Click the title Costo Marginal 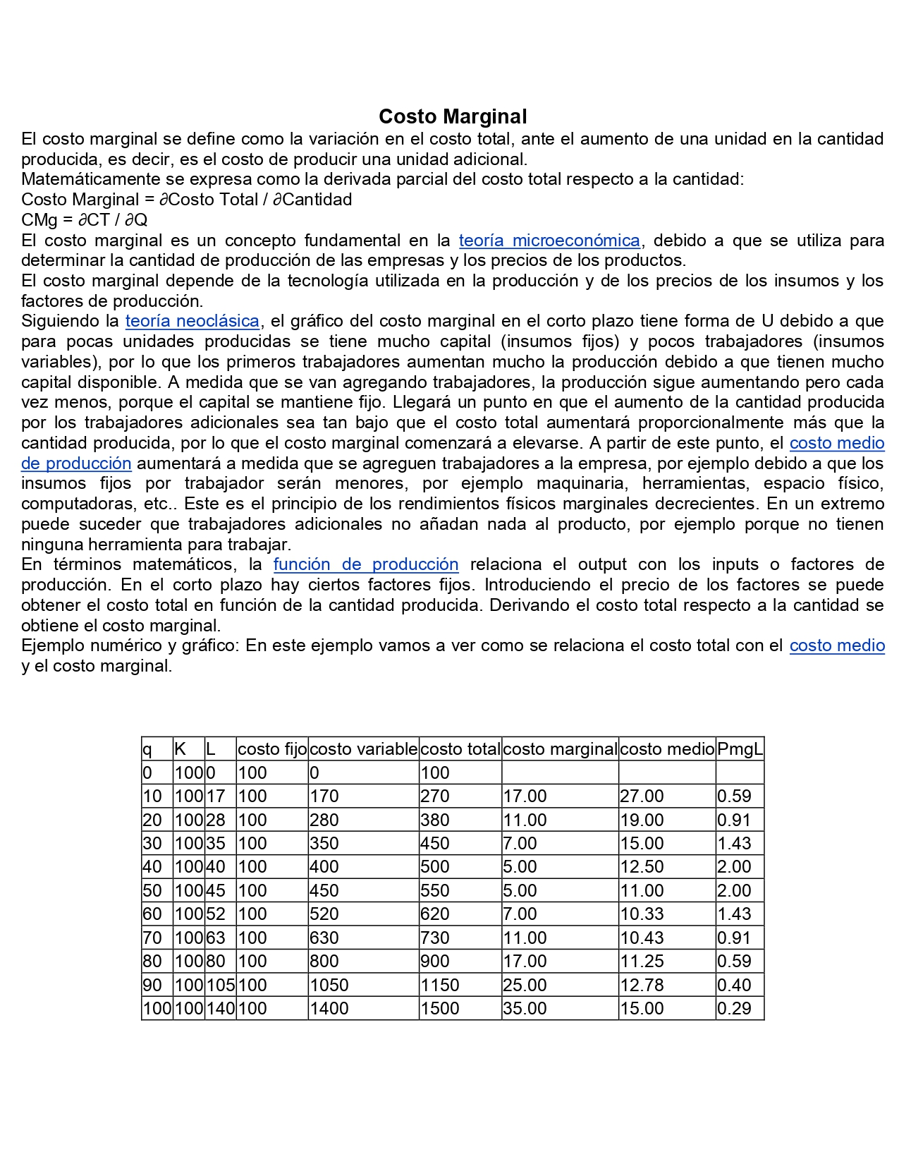(x=453, y=116)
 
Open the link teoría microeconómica (x=549, y=241)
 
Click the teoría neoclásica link (x=192, y=321)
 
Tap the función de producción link (x=366, y=564)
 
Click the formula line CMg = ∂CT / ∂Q (x=85, y=220)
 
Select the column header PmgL (x=740, y=749)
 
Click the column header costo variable (x=363, y=749)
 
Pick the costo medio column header (x=667, y=749)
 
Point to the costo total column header (x=460, y=749)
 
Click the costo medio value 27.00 (x=642, y=796)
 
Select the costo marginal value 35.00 (x=525, y=1009)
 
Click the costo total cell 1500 (x=440, y=1009)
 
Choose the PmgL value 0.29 (x=734, y=1009)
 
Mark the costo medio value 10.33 (x=642, y=914)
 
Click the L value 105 (x=220, y=986)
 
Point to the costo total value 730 (x=434, y=938)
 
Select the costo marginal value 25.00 (x=525, y=986)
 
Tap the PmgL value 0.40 (x=734, y=986)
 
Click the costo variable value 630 (x=324, y=938)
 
